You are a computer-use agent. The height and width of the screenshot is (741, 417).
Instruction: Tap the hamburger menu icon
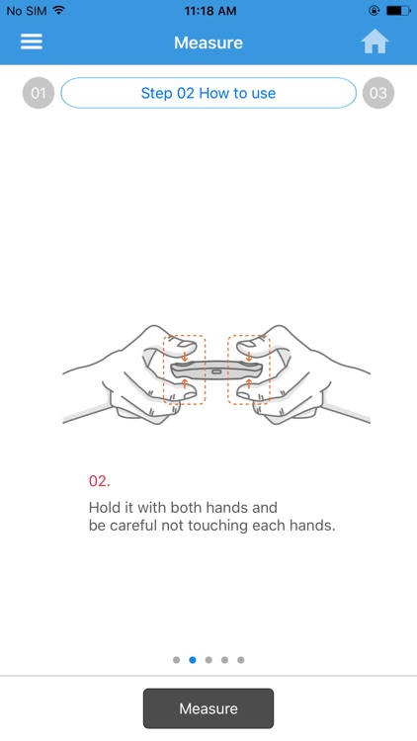32,42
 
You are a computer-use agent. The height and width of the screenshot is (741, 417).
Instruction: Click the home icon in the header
375,41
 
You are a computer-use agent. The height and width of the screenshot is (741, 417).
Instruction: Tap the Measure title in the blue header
208,42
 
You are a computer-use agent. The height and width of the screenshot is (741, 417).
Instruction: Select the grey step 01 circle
39,93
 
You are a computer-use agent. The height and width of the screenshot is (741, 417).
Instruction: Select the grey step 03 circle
378,93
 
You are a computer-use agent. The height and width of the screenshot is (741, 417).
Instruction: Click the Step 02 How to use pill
208,93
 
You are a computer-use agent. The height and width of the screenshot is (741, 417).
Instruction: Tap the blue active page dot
193,660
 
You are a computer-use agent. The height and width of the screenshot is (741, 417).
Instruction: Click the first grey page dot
176,660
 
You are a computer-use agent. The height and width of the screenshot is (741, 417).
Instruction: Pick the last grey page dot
241,660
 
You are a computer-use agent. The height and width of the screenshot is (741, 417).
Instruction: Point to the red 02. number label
99,481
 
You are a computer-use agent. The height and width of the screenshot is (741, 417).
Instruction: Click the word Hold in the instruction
102,508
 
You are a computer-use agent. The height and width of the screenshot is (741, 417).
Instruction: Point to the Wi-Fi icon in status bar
59,10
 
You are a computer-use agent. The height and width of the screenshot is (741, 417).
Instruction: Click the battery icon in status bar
398,10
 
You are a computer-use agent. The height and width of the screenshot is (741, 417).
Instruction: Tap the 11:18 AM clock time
209,11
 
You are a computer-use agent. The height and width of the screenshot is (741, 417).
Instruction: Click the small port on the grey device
216,371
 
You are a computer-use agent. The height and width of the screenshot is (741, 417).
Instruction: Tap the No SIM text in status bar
27,11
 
